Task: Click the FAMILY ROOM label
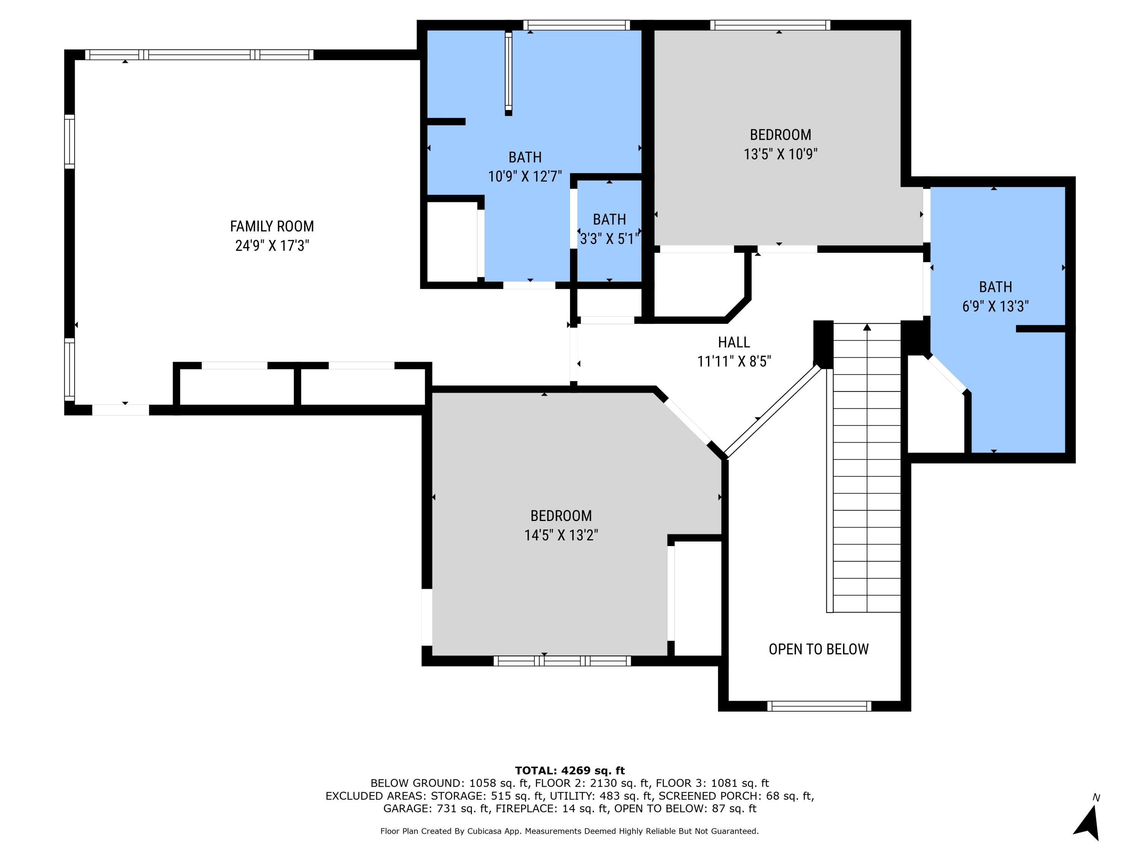(272, 226)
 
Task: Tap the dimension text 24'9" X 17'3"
(272, 246)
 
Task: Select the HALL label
(733, 342)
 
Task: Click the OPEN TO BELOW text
(819, 649)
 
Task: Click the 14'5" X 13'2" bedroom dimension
(561, 535)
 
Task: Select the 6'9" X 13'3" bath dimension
(995, 307)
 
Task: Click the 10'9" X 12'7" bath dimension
(525, 177)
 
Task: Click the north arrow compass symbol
(1088, 823)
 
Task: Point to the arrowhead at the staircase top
(867, 327)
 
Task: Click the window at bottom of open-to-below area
(819, 706)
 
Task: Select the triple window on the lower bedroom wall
(562, 661)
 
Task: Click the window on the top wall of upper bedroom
(770, 25)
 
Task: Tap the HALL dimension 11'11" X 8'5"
(733, 362)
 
